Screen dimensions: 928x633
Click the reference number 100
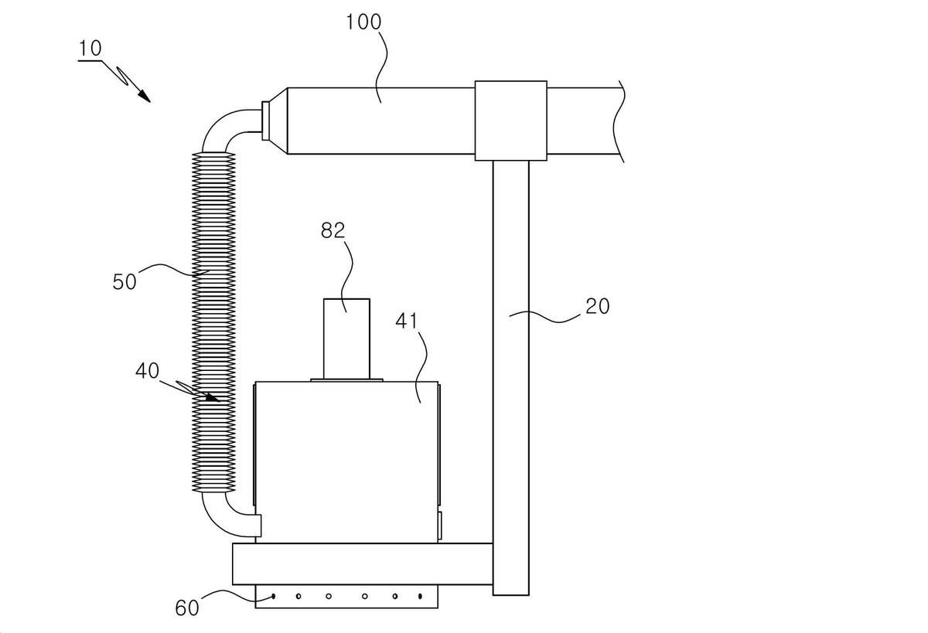pyautogui.click(x=363, y=22)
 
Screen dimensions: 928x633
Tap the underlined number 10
pyautogui.click(x=90, y=49)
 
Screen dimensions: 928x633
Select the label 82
pyautogui.click(x=333, y=230)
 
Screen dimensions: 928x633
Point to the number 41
pyautogui.click(x=407, y=321)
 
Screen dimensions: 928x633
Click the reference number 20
pyautogui.click(x=597, y=306)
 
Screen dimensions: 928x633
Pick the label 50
pyautogui.click(x=125, y=281)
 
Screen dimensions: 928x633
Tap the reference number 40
pyautogui.click(x=147, y=370)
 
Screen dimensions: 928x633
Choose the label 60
pyautogui.click(x=187, y=608)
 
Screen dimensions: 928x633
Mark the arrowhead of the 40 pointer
pyautogui.click(x=213, y=398)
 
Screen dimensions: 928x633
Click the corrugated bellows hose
pyautogui.click(x=213, y=322)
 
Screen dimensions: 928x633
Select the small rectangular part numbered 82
pyautogui.click(x=346, y=339)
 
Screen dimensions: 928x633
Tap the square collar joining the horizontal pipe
pyautogui.click(x=511, y=121)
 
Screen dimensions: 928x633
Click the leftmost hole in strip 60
pyautogui.click(x=274, y=596)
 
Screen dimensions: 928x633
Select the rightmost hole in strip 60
pyautogui.click(x=420, y=596)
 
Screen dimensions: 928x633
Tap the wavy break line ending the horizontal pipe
pyautogui.click(x=619, y=121)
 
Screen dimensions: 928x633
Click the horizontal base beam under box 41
pyautogui.click(x=363, y=564)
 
